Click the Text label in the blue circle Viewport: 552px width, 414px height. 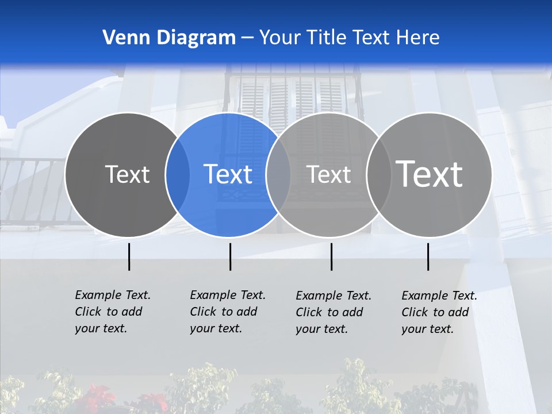coord(228,174)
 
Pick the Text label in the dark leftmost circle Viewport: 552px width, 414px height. coord(127,174)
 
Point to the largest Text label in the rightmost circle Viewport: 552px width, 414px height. coord(429,174)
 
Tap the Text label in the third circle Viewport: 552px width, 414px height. coord(328,174)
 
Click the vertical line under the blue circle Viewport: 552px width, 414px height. coord(230,256)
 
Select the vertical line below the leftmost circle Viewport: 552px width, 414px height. coord(129,256)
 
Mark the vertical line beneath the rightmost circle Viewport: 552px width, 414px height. coord(428,256)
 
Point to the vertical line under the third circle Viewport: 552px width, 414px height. coord(331,256)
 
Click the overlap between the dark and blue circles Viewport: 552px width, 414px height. coord(178,174)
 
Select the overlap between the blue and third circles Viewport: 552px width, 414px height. coord(278,174)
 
